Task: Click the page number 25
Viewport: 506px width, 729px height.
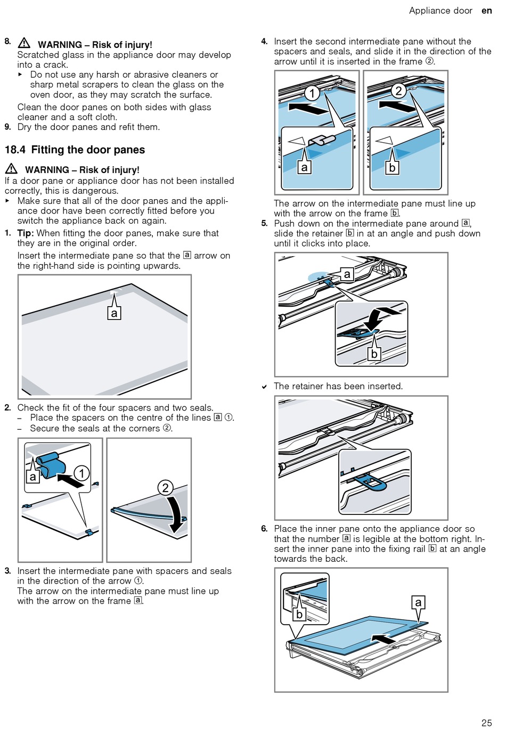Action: [x=486, y=722]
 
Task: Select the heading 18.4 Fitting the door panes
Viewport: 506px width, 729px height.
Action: [x=75, y=150]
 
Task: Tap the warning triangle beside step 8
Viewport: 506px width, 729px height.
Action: [x=24, y=43]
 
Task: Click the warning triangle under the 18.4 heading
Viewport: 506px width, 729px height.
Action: [x=11, y=169]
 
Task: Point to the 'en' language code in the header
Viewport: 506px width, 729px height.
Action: [x=486, y=11]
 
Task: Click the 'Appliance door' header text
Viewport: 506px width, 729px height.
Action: [x=440, y=11]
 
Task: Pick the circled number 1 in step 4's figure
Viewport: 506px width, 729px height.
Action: [x=312, y=93]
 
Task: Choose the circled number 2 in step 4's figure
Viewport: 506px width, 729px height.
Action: [x=398, y=91]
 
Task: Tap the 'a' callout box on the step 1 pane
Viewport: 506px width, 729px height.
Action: [x=113, y=313]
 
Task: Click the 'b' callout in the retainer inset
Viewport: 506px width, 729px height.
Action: [x=374, y=354]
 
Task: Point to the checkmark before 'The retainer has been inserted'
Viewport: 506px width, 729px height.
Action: [x=264, y=387]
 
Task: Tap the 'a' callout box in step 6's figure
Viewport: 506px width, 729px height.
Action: [x=418, y=602]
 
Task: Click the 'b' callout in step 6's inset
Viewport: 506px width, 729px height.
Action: [x=299, y=614]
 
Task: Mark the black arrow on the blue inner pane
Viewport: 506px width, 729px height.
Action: [x=384, y=638]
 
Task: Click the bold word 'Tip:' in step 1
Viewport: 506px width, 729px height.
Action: [x=25, y=233]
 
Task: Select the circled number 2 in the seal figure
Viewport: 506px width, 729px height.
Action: [x=165, y=487]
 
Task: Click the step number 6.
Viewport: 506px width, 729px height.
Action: [x=264, y=529]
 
